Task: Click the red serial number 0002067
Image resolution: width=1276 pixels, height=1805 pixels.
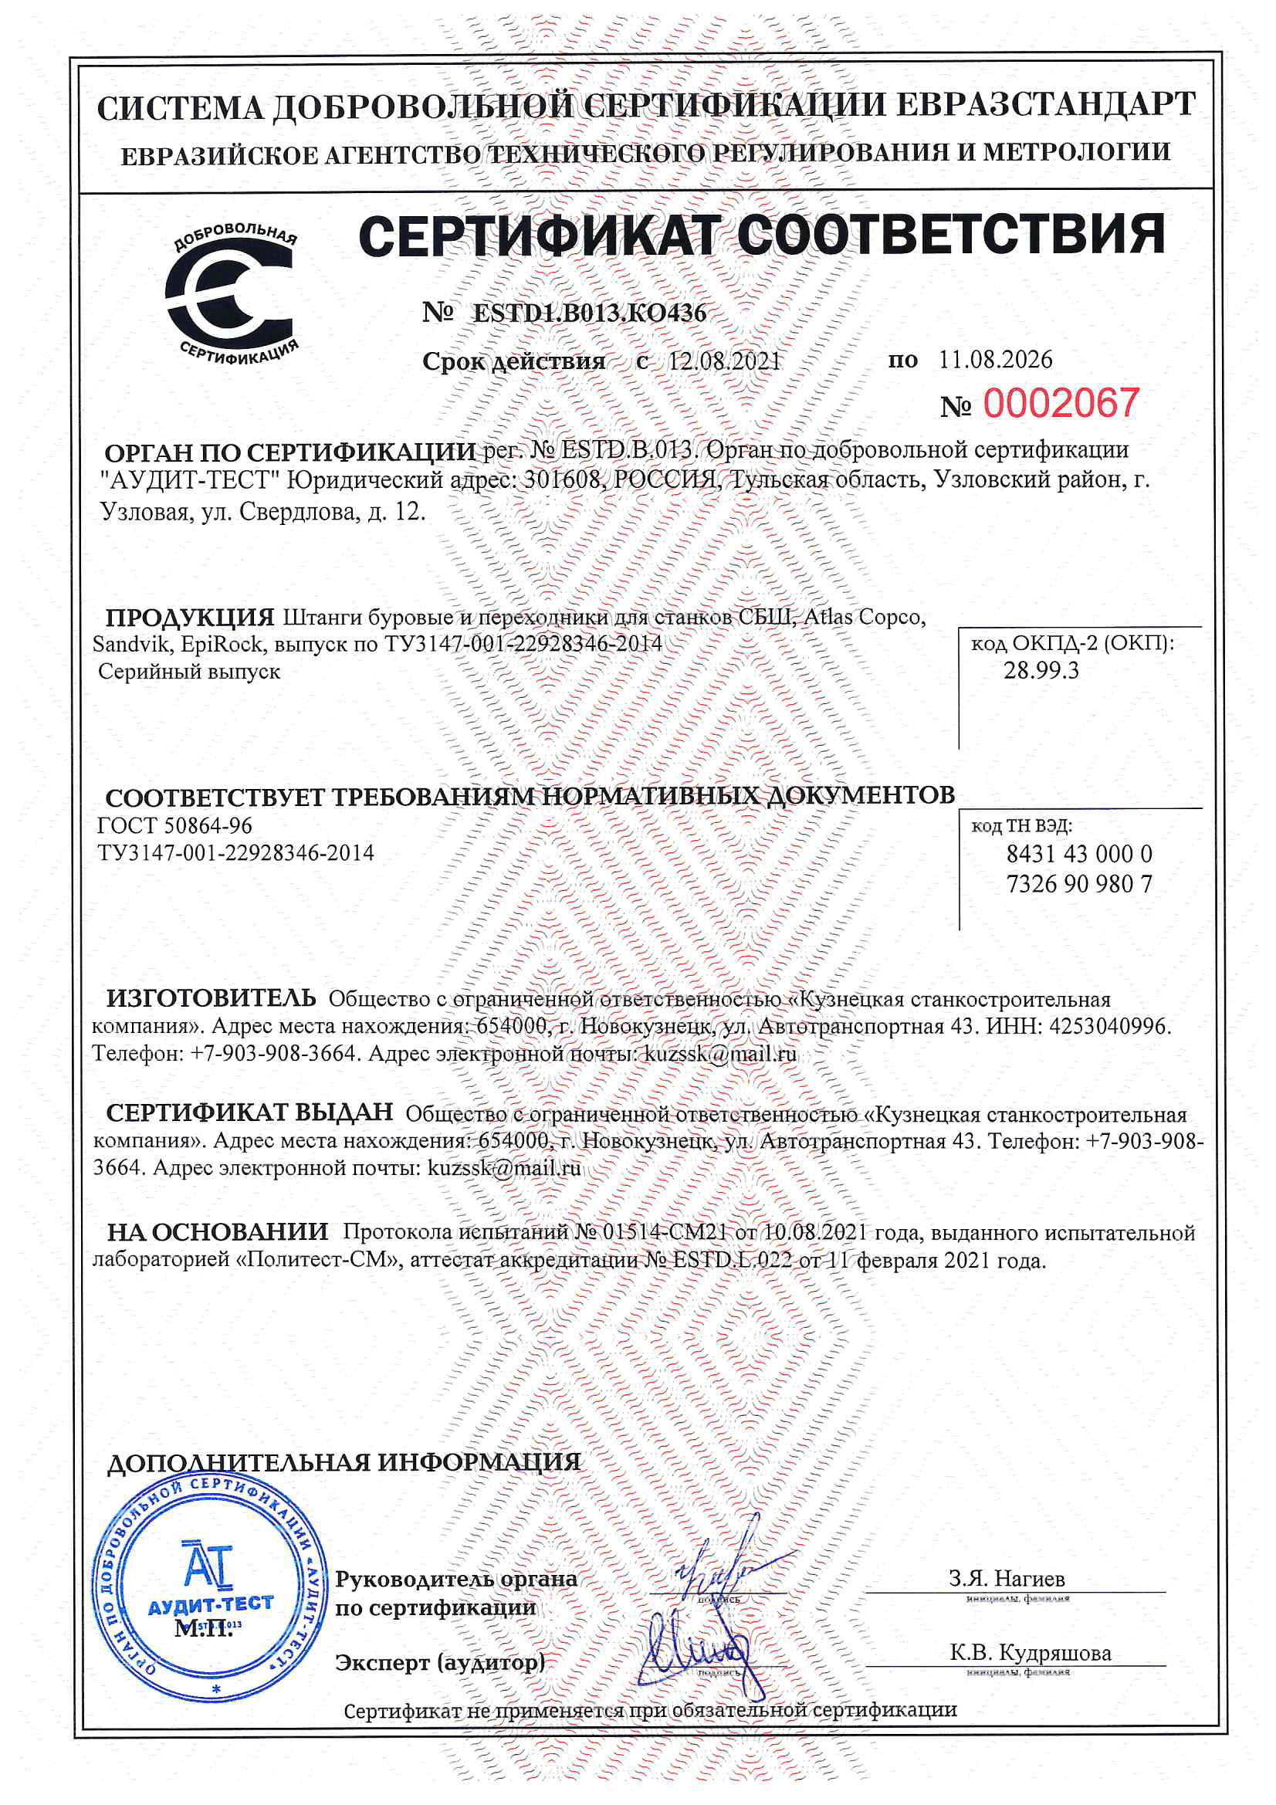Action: tap(1060, 404)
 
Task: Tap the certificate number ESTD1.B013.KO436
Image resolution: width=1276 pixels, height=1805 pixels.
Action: tap(589, 313)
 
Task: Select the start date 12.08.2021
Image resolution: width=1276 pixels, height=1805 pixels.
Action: tap(724, 361)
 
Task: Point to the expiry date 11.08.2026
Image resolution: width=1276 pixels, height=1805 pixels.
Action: tap(995, 359)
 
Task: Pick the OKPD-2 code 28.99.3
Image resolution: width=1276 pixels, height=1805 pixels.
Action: tap(1041, 671)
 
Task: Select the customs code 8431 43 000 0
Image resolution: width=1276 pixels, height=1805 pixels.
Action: tap(1078, 854)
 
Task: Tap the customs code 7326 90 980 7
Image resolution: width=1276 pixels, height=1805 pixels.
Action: tap(1078, 885)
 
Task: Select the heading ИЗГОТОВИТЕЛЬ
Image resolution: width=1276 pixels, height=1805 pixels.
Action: tap(211, 998)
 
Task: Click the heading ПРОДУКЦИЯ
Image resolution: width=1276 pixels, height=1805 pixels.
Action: tap(189, 617)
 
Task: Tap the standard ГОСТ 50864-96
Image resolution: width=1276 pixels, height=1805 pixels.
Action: tap(174, 825)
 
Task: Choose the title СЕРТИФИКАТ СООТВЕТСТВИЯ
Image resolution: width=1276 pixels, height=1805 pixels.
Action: tap(761, 234)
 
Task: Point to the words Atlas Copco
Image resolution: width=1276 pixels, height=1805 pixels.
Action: tap(865, 618)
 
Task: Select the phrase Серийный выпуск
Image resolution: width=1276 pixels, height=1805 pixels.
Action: tap(188, 672)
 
